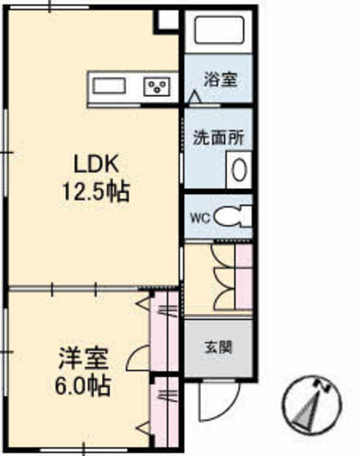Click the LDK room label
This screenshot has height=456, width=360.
click(x=93, y=164)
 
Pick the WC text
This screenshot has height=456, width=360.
click(x=200, y=217)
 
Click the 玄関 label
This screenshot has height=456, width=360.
click(x=217, y=346)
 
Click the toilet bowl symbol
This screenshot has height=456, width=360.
click(x=237, y=217)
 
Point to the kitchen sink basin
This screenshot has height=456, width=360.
click(x=108, y=85)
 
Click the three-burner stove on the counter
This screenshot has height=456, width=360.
click(x=157, y=85)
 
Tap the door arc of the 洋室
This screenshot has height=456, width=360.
click(x=138, y=357)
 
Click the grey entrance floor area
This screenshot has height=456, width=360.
click(x=217, y=350)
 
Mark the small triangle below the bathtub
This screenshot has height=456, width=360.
click(x=195, y=97)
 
